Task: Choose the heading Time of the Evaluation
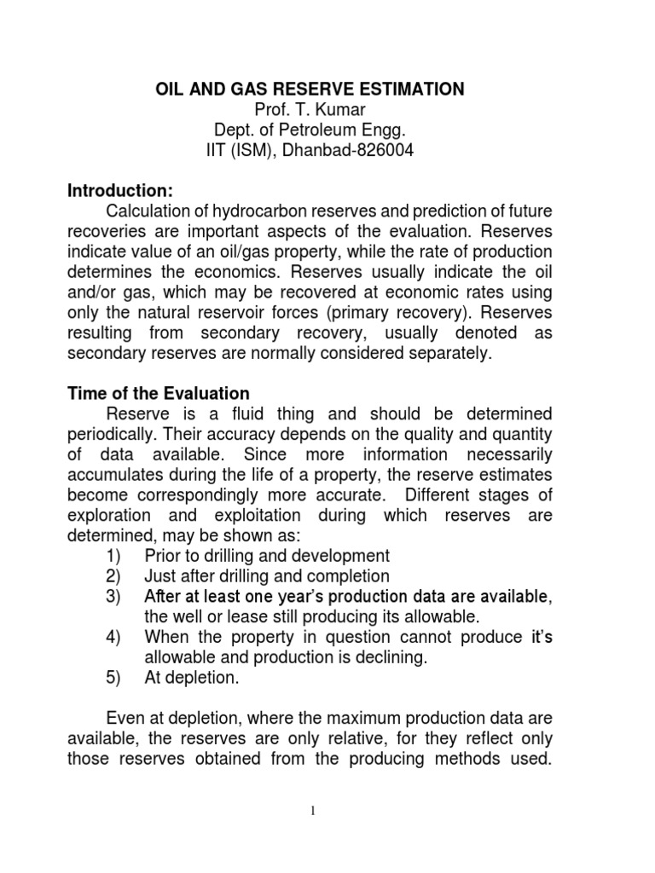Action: click(159, 393)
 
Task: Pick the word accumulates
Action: click(118, 474)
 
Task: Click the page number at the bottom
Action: click(313, 811)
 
